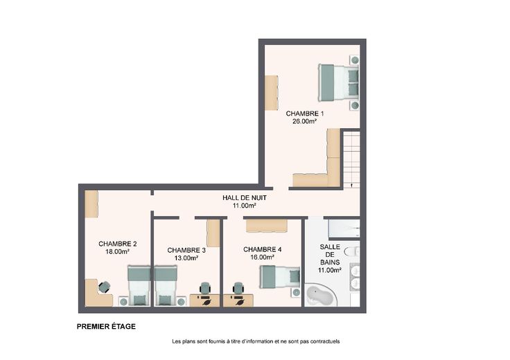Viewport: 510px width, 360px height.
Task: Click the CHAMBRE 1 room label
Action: coord(305,114)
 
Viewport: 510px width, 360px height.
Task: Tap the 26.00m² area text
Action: coord(305,122)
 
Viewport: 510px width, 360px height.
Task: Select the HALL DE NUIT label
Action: coord(245,197)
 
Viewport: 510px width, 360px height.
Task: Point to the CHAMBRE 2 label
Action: coord(117,244)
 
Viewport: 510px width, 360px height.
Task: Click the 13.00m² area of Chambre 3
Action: coord(186,258)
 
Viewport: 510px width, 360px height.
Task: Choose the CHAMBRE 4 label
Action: coord(262,249)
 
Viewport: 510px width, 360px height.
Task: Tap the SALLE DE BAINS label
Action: coord(330,254)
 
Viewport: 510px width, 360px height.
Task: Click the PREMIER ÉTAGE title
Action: coord(106,327)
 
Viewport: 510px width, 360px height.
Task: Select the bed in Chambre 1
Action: coord(338,82)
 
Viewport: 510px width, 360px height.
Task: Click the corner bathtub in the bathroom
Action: coord(320,295)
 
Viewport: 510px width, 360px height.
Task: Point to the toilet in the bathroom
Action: coord(352,251)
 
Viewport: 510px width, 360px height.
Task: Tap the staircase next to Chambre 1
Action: coord(351,159)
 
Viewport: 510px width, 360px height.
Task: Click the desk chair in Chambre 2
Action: coord(105,287)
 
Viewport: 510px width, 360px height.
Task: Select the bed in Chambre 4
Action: coord(281,277)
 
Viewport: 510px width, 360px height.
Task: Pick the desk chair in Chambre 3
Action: coord(205,288)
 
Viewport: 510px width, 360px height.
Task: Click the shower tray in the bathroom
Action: coord(344,228)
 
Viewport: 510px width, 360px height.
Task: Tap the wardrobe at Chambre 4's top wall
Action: coord(267,226)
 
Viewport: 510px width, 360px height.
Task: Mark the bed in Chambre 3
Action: coord(166,286)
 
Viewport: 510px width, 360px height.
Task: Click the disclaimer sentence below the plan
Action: coord(256,341)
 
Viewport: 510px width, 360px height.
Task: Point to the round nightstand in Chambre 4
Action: coord(296,292)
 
